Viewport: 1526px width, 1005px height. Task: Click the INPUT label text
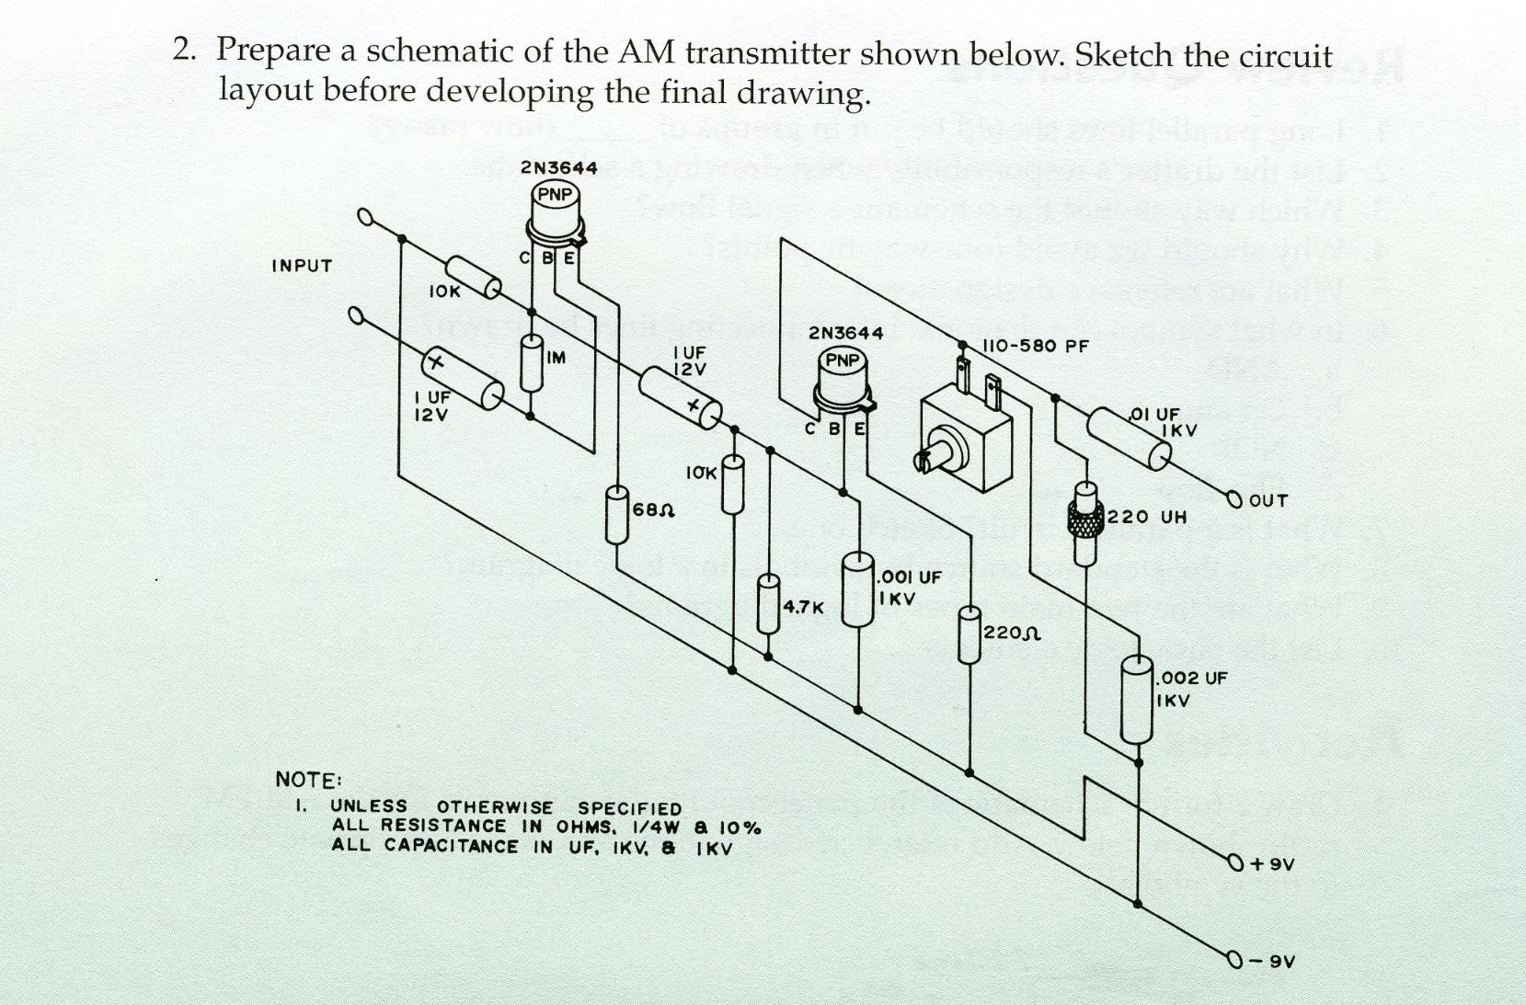[302, 266]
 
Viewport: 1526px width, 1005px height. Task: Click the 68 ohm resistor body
[617, 517]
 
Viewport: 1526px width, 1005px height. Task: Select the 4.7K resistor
[768, 604]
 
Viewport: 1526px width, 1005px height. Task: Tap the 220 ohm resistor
[969, 634]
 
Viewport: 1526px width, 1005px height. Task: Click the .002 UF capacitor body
[1138, 700]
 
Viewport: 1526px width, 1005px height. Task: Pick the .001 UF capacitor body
[857, 589]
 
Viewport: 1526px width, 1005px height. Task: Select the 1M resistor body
[531, 364]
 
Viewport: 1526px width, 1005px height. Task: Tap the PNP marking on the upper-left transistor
[555, 194]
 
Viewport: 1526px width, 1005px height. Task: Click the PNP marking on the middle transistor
[842, 360]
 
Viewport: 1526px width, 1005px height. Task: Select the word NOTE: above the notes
[308, 780]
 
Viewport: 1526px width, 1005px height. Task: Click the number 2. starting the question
[184, 50]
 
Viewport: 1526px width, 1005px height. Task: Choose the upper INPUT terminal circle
[366, 218]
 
